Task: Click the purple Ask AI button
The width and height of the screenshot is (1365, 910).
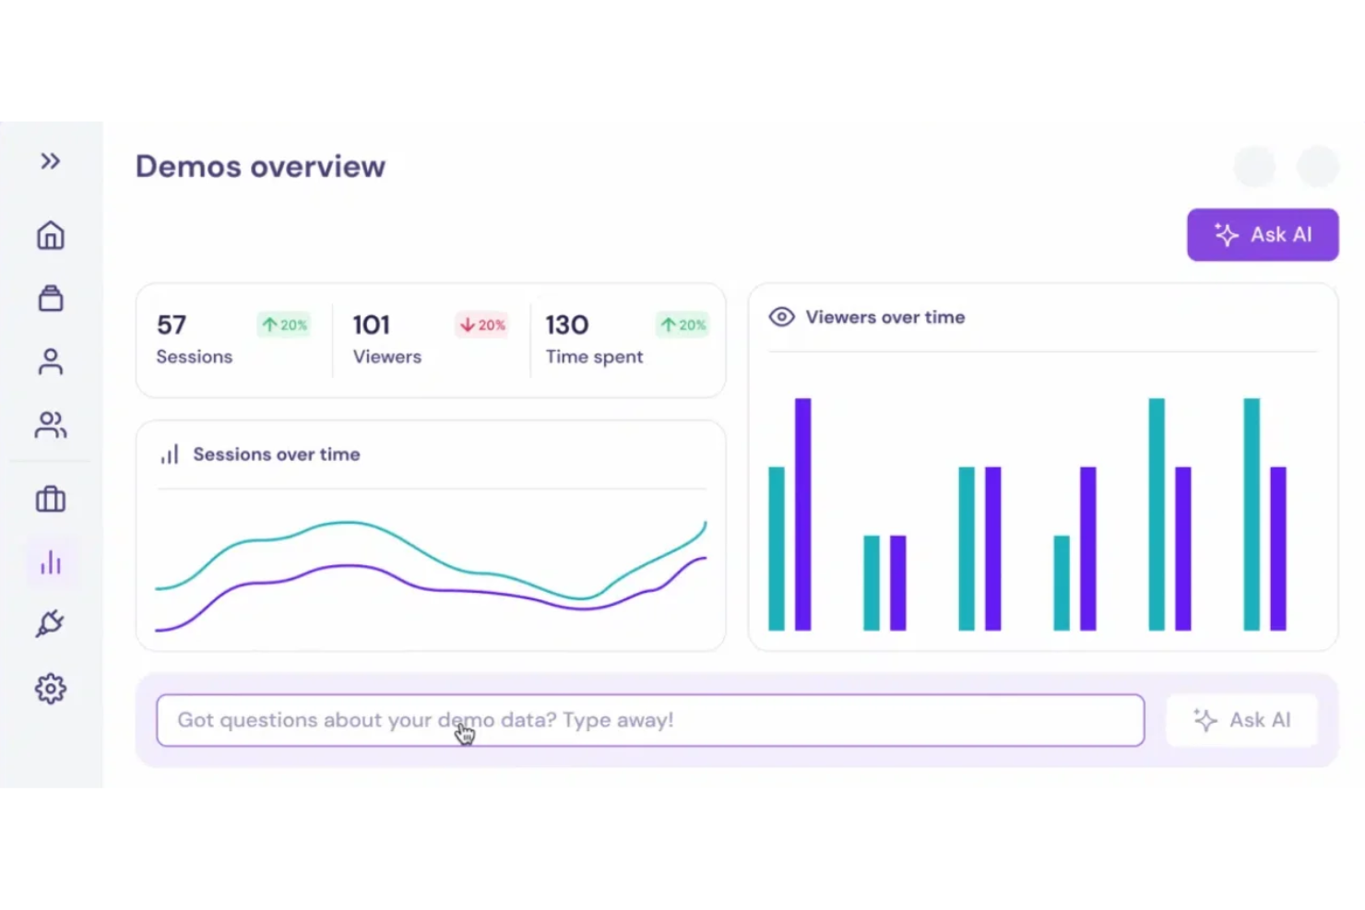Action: point(1262,235)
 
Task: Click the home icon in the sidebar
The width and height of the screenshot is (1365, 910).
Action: point(51,236)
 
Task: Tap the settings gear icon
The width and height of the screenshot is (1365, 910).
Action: point(51,689)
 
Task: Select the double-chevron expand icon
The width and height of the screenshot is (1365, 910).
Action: point(51,161)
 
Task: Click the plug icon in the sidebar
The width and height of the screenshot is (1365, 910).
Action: point(51,624)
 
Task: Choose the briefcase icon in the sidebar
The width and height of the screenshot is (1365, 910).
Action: point(51,500)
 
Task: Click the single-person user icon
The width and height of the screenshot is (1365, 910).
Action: point(51,361)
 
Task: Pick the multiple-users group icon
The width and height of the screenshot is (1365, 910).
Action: point(51,425)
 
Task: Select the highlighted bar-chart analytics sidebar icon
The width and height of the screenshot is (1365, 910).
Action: point(51,562)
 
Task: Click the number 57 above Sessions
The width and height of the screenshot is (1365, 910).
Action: point(172,325)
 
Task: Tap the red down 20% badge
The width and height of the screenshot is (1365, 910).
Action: point(481,325)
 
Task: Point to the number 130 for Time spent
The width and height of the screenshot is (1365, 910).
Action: point(566,325)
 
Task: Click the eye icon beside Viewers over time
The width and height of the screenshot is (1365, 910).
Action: point(781,317)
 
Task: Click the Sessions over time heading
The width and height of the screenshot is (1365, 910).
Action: point(276,455)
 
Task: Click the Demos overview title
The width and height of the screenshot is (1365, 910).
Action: point(260,167)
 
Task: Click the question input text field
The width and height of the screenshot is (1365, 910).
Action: point(649,720)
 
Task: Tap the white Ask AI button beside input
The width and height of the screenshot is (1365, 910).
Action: point(1241,720)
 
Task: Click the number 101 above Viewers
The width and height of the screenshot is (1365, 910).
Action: point(371,325)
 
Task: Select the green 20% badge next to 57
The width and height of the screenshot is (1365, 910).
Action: point(284,325)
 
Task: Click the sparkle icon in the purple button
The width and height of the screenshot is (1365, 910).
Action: point(1226,235)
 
